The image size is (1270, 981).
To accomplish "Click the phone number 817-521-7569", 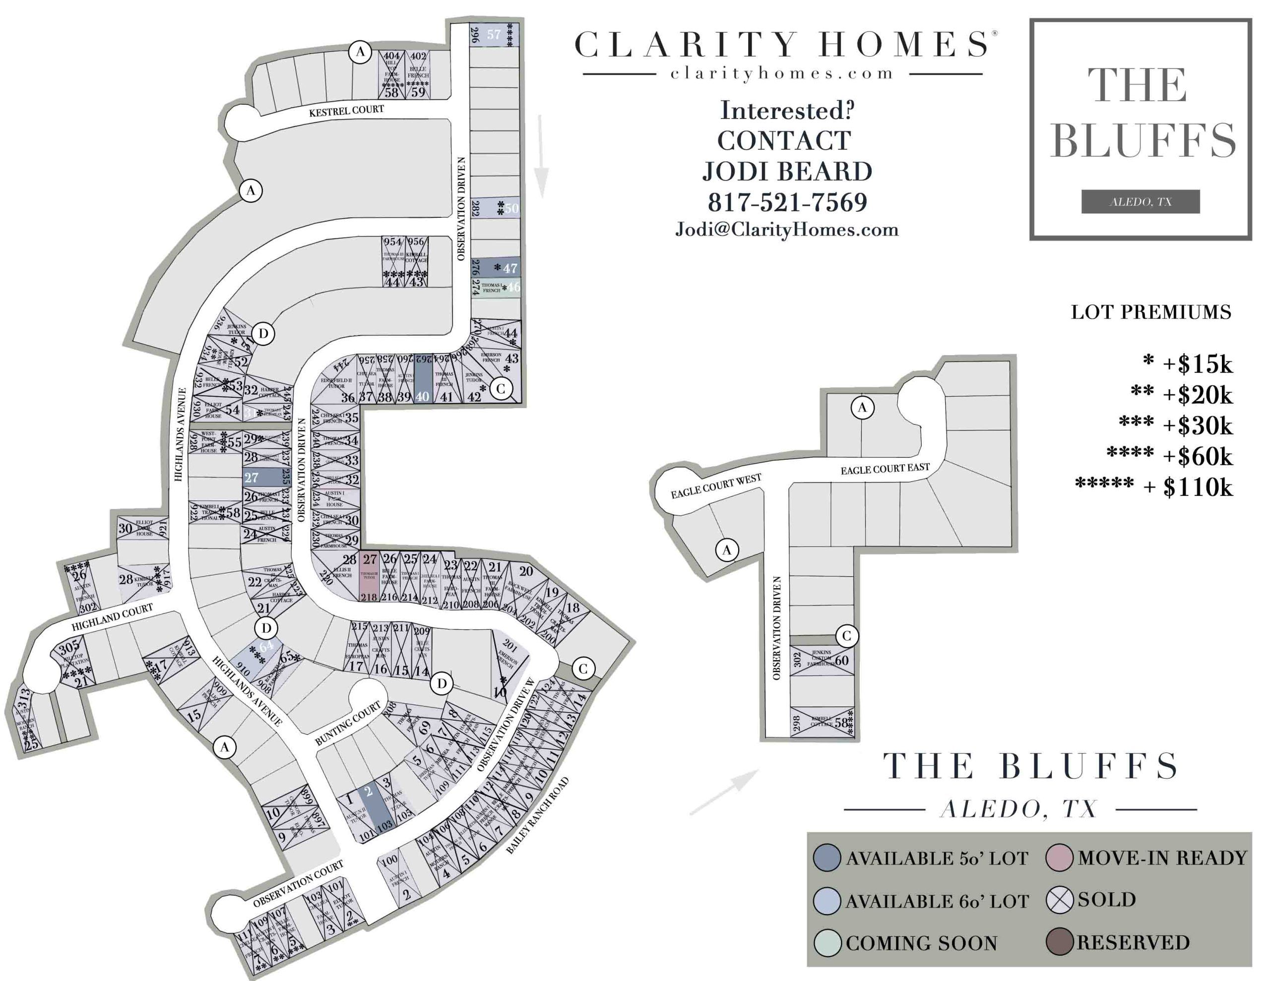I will point(787,202).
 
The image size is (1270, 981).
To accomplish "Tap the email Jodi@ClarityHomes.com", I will point(787,230).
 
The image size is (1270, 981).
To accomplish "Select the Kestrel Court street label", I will point(347,111).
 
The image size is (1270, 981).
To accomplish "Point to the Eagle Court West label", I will point(716,486).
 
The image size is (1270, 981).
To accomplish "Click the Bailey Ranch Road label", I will point(537,816).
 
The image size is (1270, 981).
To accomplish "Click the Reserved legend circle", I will point(1059,941).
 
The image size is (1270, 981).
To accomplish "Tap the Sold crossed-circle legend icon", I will point(1059,900).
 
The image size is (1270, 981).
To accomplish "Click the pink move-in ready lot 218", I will point(369,576).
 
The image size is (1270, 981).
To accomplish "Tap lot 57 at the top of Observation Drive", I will point(494,35).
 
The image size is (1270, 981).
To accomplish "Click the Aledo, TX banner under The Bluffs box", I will point(1141,202).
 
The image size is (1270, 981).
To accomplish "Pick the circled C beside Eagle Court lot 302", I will point(847,636).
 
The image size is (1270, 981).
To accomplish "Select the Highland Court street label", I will point(112,617).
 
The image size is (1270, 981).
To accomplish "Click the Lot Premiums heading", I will point(1151,312).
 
